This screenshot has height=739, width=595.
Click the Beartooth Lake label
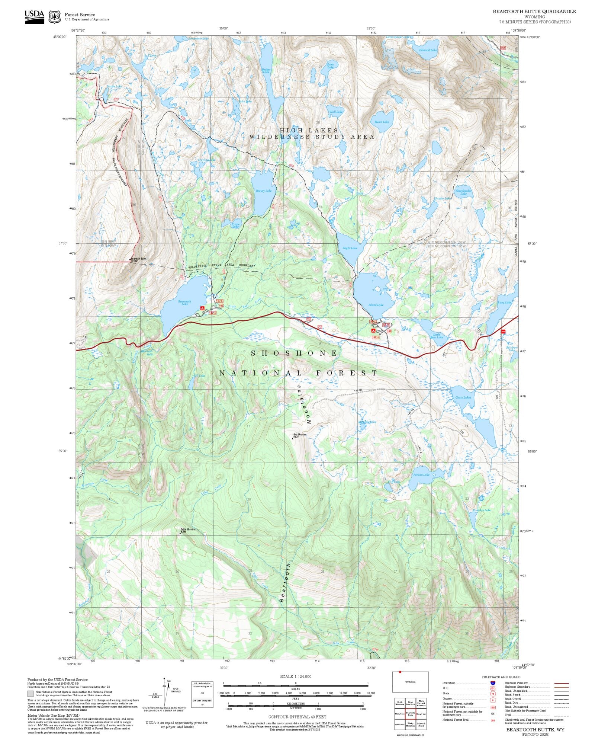click(185, 303)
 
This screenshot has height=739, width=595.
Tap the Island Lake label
click(376, 305)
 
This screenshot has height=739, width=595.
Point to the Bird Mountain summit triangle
click(293, 438)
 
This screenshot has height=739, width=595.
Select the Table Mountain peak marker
click(180, 533)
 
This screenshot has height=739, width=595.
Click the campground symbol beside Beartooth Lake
click(202, 308)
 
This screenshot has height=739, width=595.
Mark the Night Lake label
click(350, 248)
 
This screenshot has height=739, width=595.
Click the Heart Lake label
click(382, 122)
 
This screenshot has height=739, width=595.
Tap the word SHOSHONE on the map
click(294, 353)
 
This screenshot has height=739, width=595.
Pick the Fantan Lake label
click(421, 475)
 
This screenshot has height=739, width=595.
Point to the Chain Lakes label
click(463, 397)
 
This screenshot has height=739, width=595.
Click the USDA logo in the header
click(34, 17)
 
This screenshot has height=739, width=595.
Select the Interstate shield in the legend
click(493, 683)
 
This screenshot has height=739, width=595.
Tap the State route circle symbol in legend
click(493, 694)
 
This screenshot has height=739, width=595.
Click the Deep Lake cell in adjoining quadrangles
click(421, 714)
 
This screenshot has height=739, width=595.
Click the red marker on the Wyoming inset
click(400, 672)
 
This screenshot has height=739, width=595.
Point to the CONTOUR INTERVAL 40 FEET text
click(297, 717)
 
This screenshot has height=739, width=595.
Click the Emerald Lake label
click(428, 50)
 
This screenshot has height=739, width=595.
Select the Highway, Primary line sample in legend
click(562, 683)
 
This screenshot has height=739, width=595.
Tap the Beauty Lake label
click(263, 191)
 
